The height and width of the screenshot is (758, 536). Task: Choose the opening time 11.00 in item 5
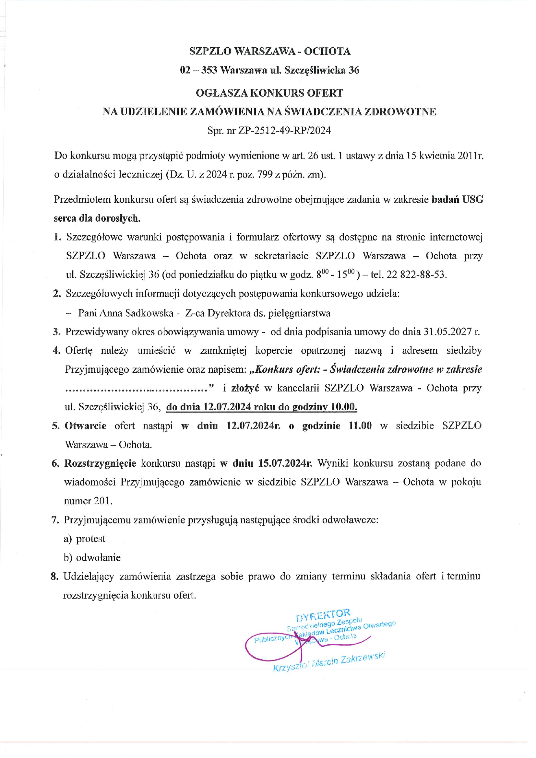pos(360,426)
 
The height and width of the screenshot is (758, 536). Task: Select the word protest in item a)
pos(90,539)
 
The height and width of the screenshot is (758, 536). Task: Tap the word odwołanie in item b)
pos(98,558)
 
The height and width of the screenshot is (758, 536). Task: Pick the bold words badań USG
pos(458,199)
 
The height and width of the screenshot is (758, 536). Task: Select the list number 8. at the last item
pos(55,577)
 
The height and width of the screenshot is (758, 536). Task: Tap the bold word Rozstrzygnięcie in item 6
pos(100,463)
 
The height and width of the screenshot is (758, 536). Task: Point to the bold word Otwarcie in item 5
pos(86,426)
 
